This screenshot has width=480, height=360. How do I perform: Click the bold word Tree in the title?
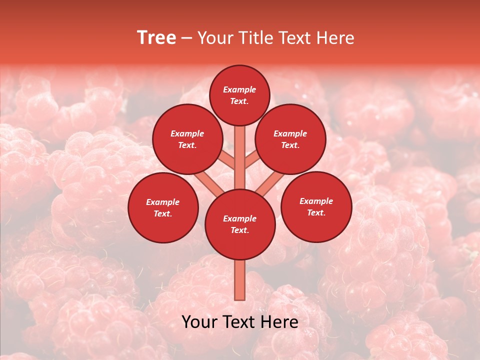pos(156,38)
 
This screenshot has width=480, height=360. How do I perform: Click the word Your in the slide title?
pos(214,38)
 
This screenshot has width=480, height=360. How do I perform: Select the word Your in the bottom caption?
pos(200,322)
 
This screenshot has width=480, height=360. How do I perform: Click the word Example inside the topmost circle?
pos(239,90)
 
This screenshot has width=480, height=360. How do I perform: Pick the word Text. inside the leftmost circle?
pos(163,214)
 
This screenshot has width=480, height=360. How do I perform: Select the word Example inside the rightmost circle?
pos(316,201)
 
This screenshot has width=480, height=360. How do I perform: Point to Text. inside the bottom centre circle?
pos(240,230)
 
